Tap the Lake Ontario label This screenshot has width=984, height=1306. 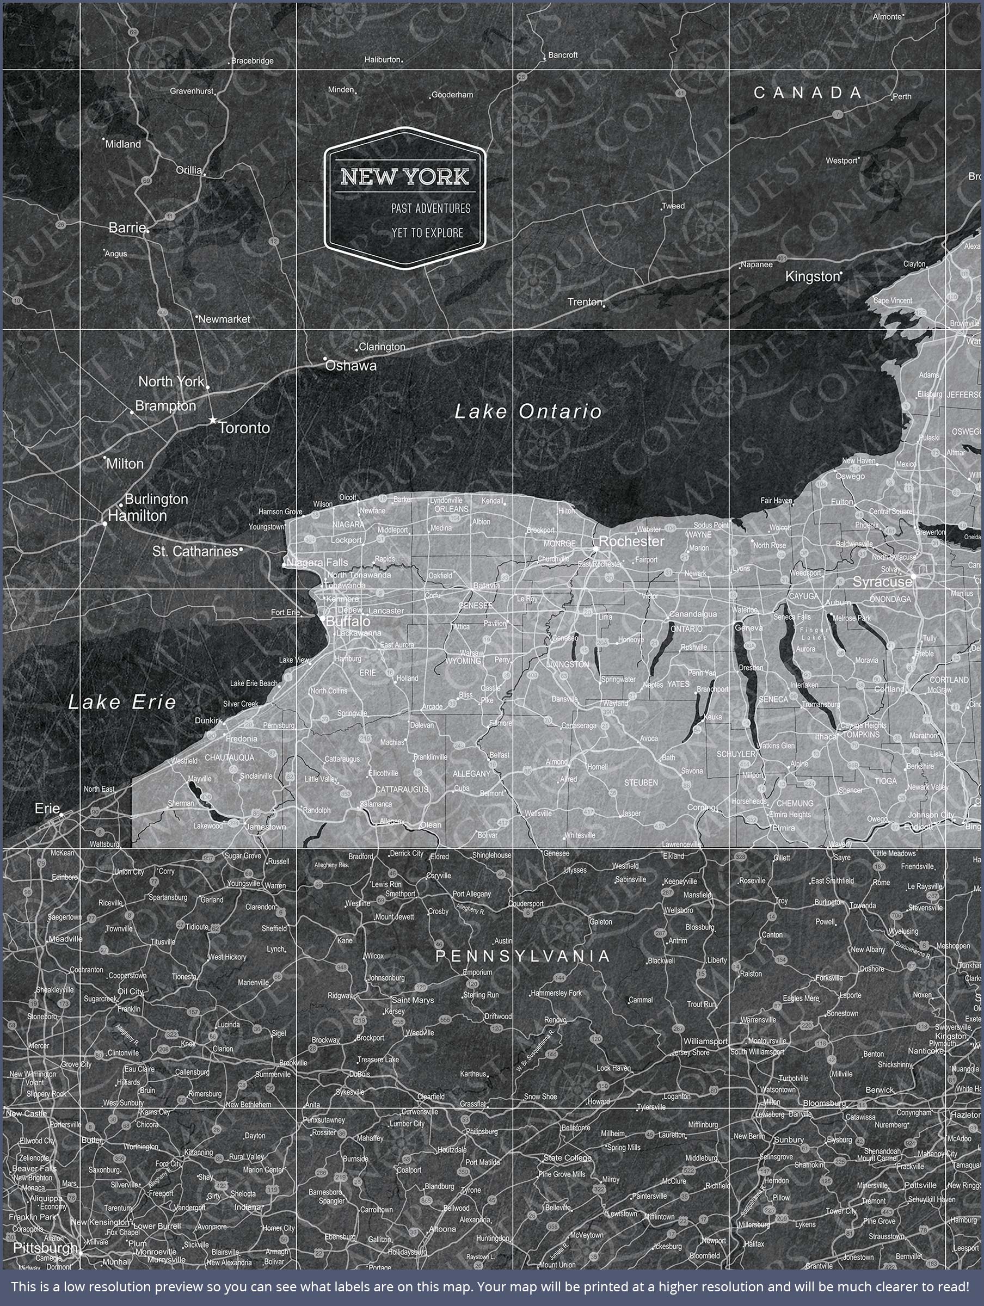click(528, 411)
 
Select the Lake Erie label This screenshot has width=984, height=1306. click(122, 702)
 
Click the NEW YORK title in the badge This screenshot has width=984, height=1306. click(404, 176)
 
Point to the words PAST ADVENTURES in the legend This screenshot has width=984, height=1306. click(430, 208)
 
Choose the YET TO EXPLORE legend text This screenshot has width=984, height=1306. click(427, 232)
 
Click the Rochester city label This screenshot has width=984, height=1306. click(631, 541)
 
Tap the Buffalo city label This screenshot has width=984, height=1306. click(348, 621)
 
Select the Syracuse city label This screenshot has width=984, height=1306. click(882, 582)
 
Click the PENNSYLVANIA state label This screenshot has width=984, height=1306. click(522, 956)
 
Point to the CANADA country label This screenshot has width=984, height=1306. click(808, 93)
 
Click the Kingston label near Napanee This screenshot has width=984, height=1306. click(812, 276)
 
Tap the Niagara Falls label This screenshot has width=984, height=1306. click(318, 563)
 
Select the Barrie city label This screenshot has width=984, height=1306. click(127, 227)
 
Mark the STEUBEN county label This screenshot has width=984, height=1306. click(641, 783)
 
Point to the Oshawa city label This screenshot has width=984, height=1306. click(351, 366)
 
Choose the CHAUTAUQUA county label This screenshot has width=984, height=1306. click(229, 757)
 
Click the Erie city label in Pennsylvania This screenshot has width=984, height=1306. click(47, 808)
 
